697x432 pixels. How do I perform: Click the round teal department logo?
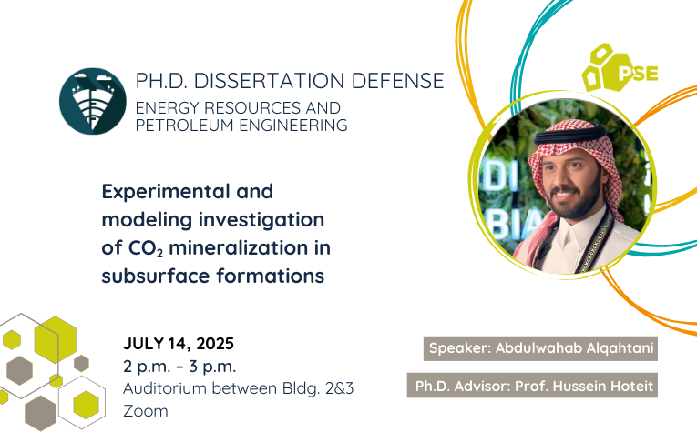pos(92,101)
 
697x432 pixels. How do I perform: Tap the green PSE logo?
pos(620,68)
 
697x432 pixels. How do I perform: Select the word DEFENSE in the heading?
pos(398,81)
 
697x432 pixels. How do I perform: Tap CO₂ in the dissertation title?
pos(146,248)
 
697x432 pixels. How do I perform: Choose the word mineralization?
pos(239,247)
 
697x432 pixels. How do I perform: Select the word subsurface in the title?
pos(156,276)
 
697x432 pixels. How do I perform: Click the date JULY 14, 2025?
pos(179,344)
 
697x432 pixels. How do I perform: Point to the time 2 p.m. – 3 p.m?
pos(179,367)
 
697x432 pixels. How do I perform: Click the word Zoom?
pos(146,411)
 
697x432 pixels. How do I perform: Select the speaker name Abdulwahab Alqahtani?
pos(574,347)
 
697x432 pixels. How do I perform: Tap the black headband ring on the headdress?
pos(570,133)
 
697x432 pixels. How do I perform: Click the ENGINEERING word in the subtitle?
pos(293,126)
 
